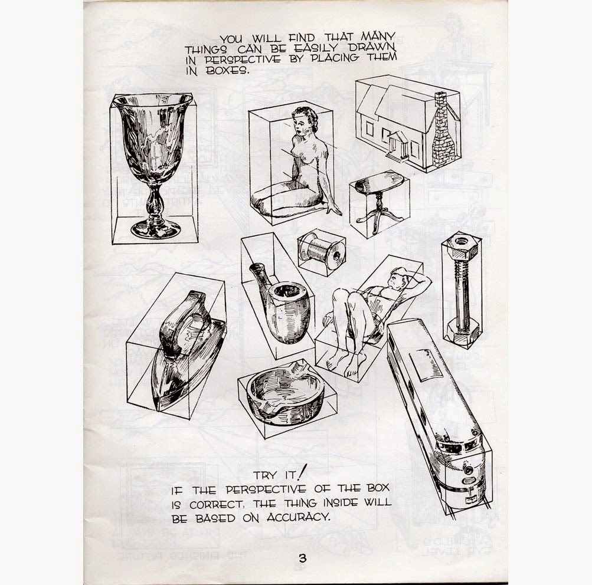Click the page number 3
click(302, 558)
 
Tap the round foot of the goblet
click(156, 229)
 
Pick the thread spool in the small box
click(321, 251)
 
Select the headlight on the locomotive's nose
click(468, 469)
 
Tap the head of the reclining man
click(398, 278)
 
